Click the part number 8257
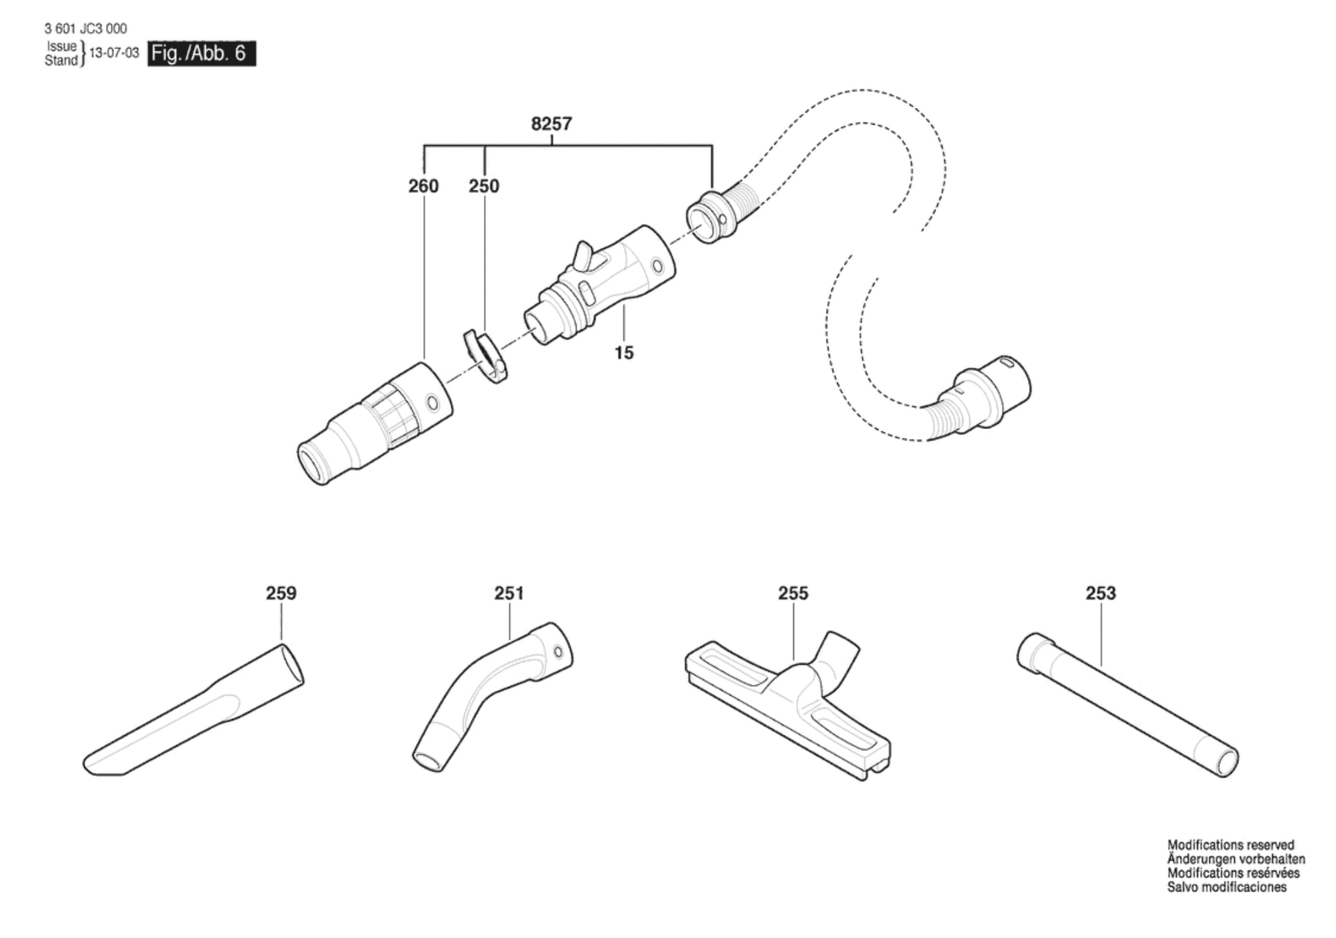point(551,124)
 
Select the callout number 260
point(423,186)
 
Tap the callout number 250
point(484,186)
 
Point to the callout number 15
point(624,352)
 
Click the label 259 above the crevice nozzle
point(281,593)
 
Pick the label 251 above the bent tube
point(509,593)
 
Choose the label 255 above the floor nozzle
point(793,593)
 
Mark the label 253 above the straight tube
point(1101,593)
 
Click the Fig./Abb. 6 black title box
point(201,53)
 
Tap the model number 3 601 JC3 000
point(85,29)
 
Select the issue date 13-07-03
point(114,53)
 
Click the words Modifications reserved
point(1231,845)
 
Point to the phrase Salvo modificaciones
point(1227,887)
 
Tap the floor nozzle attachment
point(788,705)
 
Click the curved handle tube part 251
point(493,697)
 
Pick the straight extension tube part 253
point(1128,705)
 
